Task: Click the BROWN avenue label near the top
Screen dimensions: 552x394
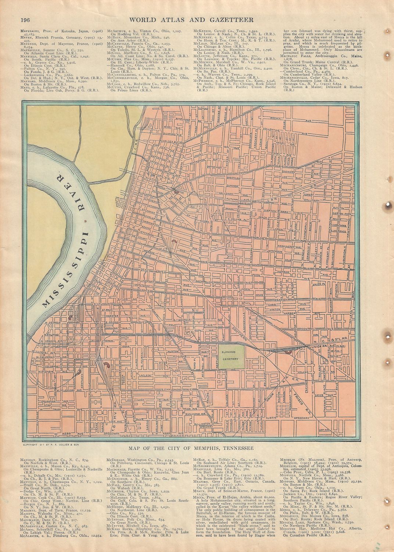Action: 276,118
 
